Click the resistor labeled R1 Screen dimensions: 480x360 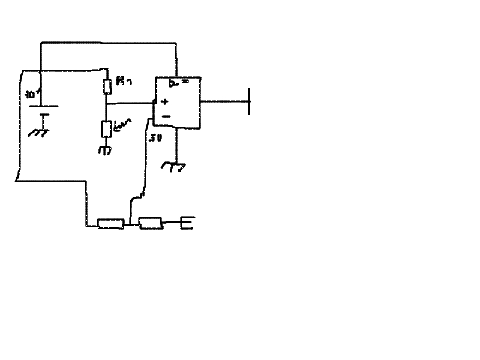point(107,86)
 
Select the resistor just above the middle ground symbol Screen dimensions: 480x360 point(106,128)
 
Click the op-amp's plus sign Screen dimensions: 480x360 point(164,102)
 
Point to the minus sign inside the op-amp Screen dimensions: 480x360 point(166,116)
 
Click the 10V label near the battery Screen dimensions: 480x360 point(31,94)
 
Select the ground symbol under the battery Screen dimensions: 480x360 point(40,131)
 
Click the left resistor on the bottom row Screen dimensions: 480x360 point(111,224)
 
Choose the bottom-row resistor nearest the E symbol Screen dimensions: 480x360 point(151,223)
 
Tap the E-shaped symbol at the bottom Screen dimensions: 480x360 point(187,224)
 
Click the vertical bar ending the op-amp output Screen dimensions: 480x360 point(249,101)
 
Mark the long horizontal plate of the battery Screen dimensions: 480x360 point(41,106)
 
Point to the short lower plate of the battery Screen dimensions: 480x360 point(41,114)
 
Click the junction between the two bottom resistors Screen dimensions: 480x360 point(131,224)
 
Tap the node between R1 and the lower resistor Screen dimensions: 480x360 point(106,103)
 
